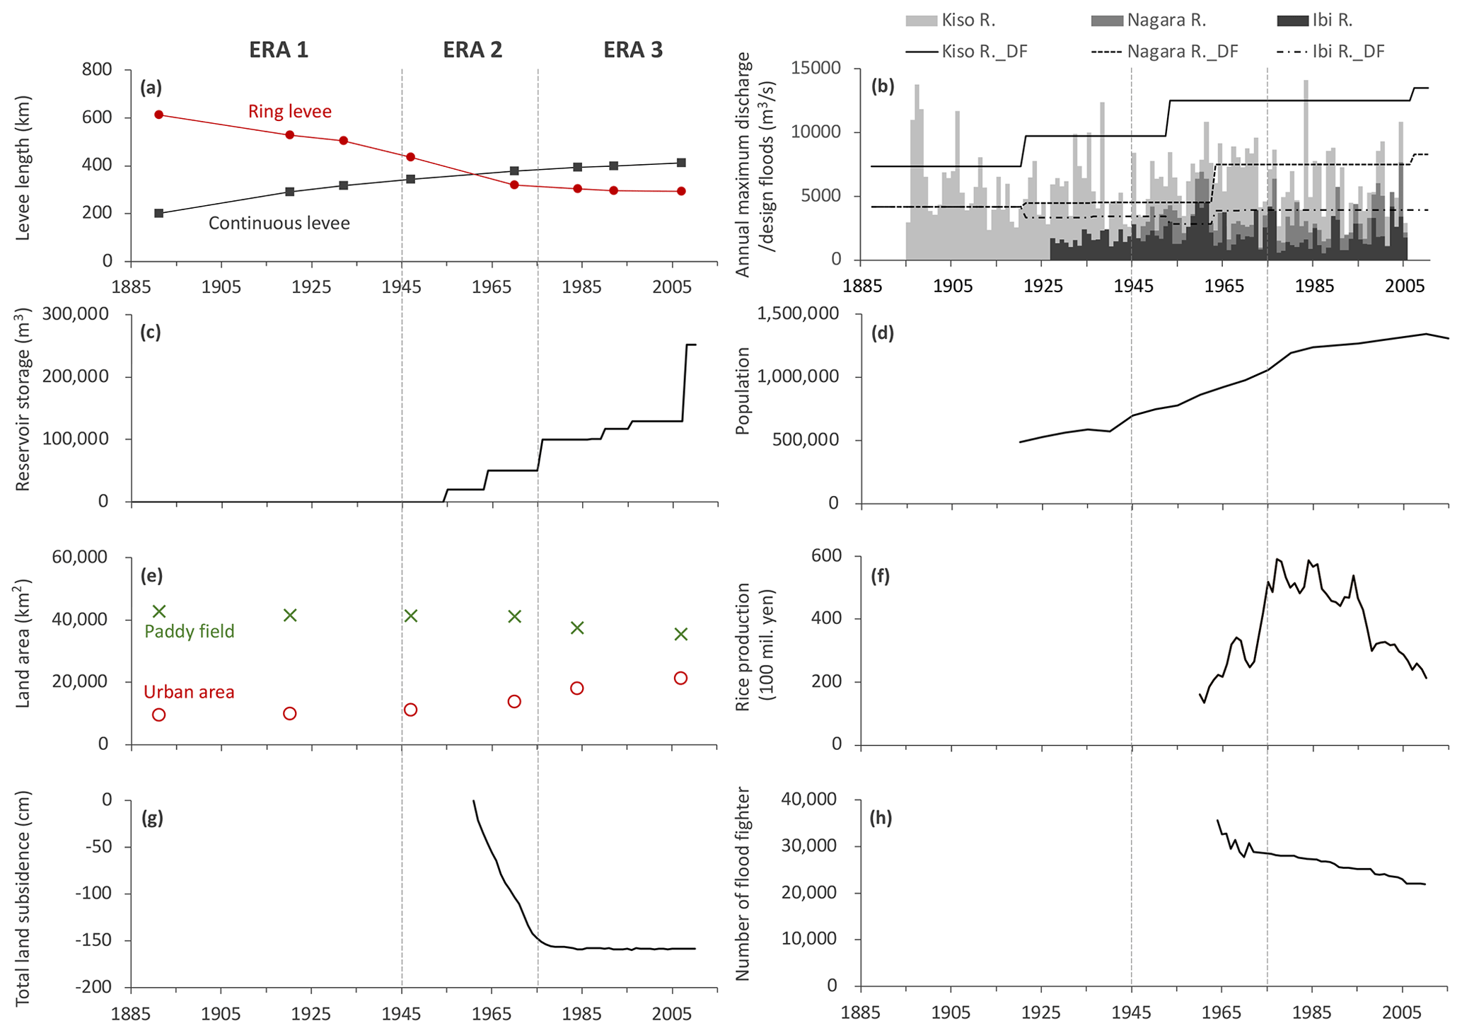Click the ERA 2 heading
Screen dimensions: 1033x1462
click(x=472, y=50)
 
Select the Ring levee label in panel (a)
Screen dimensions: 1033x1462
click(x=289, y=111)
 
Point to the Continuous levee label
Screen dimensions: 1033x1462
click(x=279, y=224)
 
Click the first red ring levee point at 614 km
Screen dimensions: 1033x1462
click(x=159, y=115)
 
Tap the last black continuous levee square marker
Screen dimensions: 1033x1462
click(x=681, y=163)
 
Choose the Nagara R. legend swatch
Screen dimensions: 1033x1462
click(x=1107, y=21)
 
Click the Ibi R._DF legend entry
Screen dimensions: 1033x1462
click(x=1330, y=52)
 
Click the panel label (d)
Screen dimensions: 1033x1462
click(x=883, y=333)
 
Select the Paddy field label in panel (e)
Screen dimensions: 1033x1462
click(x=189, y=631)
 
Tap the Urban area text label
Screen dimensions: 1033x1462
click(x=189, y=692)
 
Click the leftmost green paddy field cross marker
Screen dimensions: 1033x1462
click(x=159, y=611)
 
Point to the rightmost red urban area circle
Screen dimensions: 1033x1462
click(x=680, y=678)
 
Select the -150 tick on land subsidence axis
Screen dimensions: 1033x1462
click(x=95, y=941)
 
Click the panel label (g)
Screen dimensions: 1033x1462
click(x=152, y=818)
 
